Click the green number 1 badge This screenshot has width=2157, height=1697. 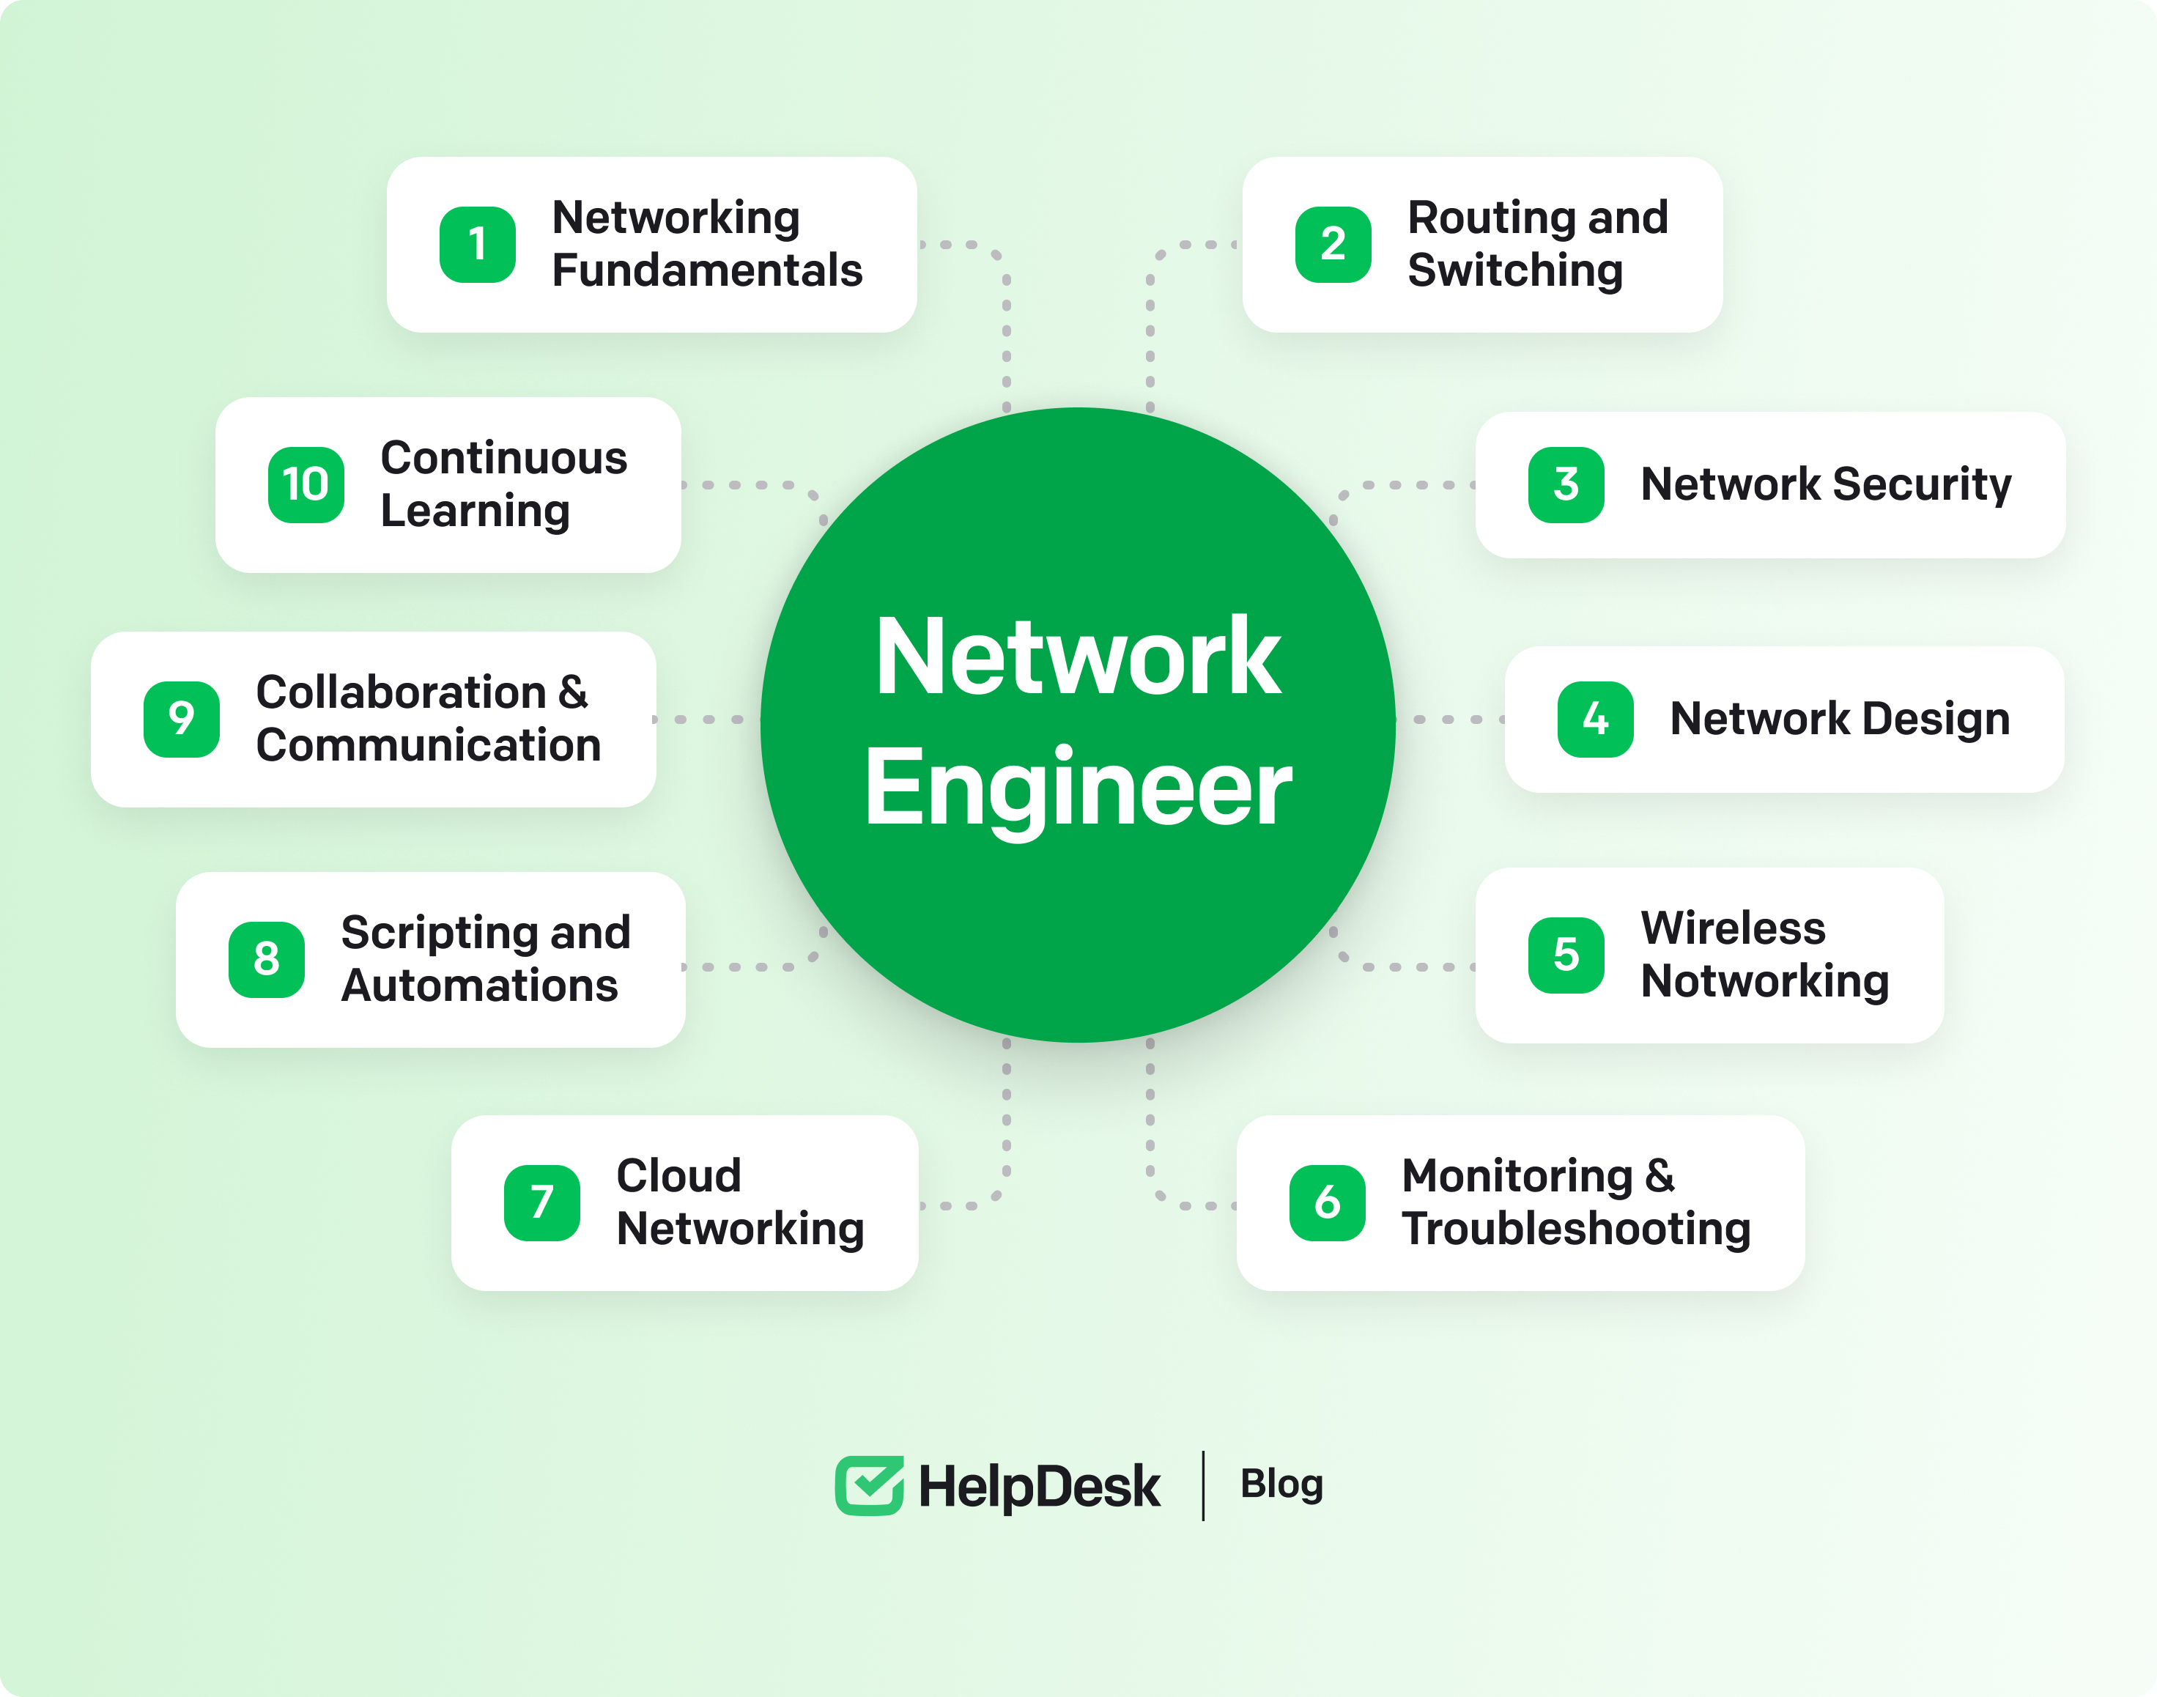pos(477,245)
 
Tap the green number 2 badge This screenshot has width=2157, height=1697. pos(1332,245)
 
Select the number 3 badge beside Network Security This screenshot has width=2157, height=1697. pos(1566,485)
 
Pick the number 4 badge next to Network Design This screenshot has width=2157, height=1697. pos(1594,720)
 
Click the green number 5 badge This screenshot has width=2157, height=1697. pos(1566,955)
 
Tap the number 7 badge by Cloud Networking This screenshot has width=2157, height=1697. pos(541,1202)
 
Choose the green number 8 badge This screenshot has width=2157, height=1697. pos(266,960)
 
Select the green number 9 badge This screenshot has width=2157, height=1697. pos(181,720)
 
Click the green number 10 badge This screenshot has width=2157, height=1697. pos(306,485)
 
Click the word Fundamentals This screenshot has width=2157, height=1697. pos(706,270)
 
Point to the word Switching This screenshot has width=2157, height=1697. pos(1515,270)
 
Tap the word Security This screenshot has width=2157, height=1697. pos(1922,485)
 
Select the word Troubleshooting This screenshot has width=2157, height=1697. pos(1576,1229)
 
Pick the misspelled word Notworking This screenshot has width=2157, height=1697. pos(1764,982)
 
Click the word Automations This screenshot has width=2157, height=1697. pos(479,986)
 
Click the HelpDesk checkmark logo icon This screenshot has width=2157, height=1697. pos(868,1485)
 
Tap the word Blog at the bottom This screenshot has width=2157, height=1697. pos(1281,1485)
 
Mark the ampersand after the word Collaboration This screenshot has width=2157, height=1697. pos(572,692)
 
